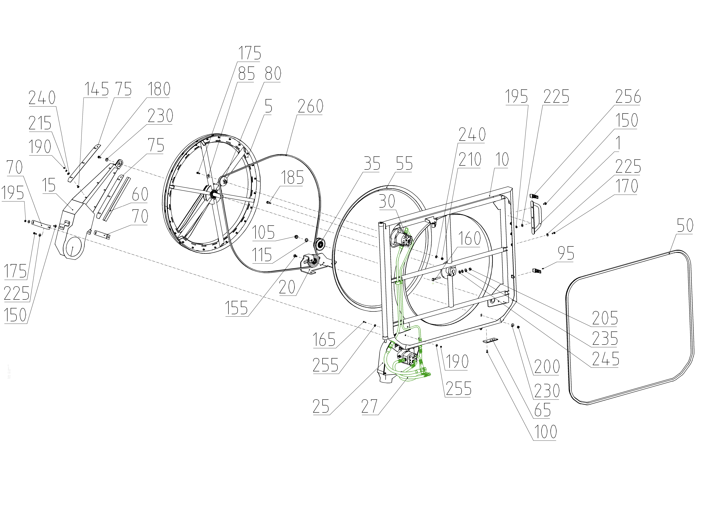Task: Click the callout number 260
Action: pyautogui.click(x=311, y=106)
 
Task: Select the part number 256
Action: pyautogui.click(x=628, y=97)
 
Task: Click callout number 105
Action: pyautogui.click(x=263, y=233)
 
